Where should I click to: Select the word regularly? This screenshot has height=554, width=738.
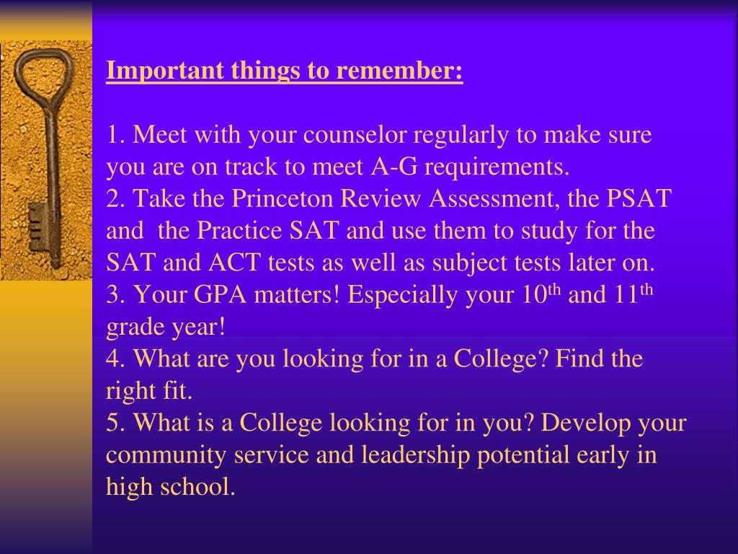coord(459,135)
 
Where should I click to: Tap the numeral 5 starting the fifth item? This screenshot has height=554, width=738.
coord(112,423)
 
